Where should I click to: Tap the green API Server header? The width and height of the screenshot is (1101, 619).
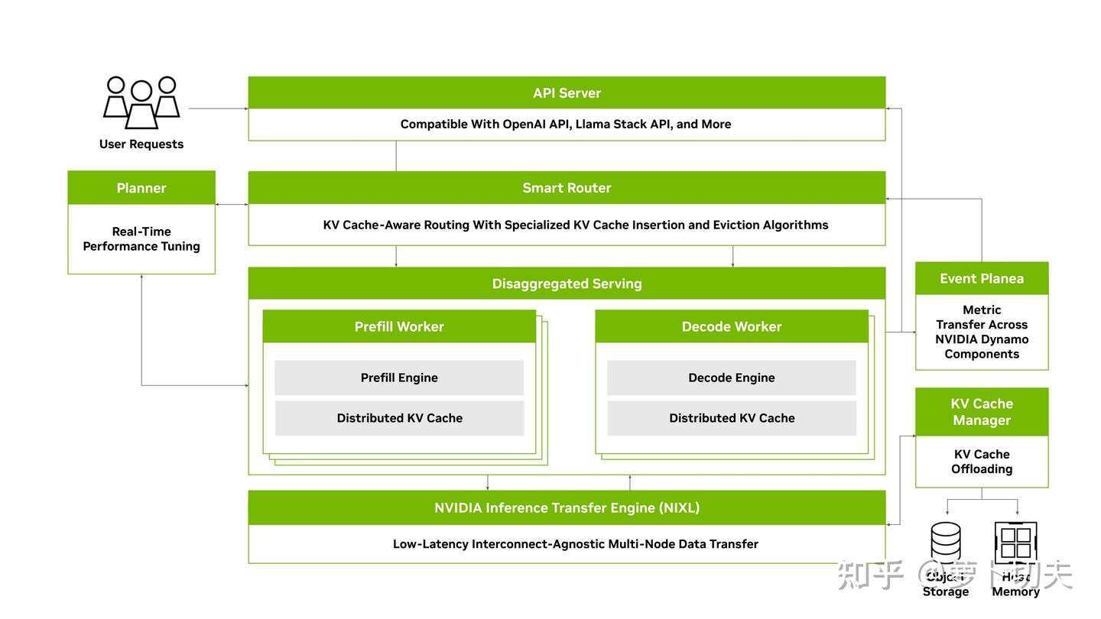tap(567, 92)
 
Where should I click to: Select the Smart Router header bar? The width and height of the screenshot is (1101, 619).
tap(567, 187)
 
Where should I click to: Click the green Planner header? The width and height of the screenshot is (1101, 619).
tap(141, 188)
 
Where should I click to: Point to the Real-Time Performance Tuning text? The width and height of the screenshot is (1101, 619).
tap(141, 238)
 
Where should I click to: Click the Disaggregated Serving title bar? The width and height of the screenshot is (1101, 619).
tap(567, 284)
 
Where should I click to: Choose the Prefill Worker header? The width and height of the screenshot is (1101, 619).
tap(399, 326)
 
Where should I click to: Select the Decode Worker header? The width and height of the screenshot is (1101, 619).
tap(732, 326)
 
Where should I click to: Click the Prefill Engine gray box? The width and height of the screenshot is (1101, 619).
tap(399, 378)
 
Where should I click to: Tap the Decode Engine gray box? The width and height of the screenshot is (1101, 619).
tap(732, 378)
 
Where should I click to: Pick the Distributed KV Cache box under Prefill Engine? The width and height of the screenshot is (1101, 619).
tap(399, 418)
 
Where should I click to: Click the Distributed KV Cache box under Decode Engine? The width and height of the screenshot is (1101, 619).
tap(732, 418)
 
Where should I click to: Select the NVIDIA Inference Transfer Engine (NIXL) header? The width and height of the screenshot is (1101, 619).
tap(567, 507)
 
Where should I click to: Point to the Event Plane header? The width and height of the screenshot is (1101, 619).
tap(982, 278)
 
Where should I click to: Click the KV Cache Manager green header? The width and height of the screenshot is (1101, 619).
tap(982, 412)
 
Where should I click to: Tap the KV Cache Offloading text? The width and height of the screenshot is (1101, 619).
tap(982, 462)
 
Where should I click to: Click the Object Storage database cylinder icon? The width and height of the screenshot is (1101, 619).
tap(946, 543)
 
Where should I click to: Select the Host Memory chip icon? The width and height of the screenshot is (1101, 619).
tap(1015, 543)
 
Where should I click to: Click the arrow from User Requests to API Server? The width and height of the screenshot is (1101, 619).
tap(218, 109)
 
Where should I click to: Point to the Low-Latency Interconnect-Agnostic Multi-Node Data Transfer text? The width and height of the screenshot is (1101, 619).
tap(575, 544)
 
